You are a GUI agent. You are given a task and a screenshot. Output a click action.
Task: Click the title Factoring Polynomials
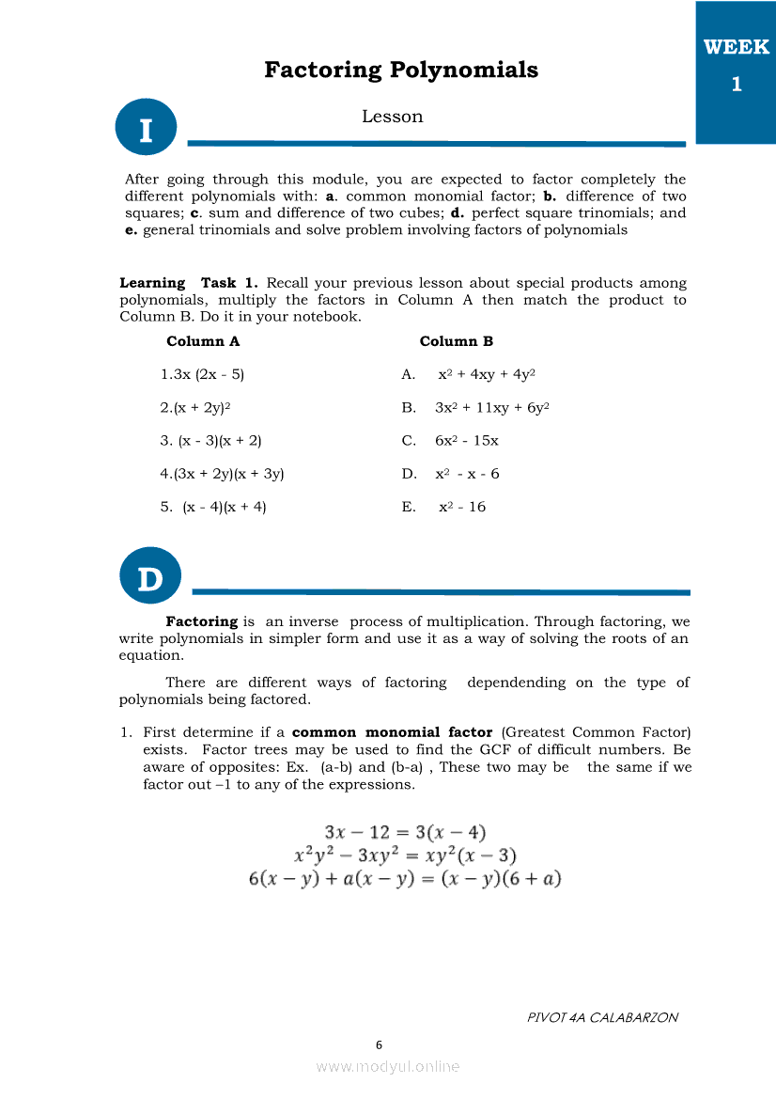(x=401, y=70)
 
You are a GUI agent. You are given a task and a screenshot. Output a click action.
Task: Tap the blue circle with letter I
(x=146, y=129)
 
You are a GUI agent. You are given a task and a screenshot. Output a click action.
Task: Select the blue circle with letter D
(x=150, y=576)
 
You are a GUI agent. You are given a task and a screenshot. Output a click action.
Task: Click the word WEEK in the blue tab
(x=736, y=48)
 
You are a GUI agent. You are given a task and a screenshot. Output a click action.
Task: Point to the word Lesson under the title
(x=392, y=117)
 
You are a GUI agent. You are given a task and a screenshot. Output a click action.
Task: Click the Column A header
(x=203, y=341)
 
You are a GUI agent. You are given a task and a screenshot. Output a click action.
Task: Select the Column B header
(x=456, y=341)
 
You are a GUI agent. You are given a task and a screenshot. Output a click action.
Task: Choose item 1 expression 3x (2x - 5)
(x=202, y=374)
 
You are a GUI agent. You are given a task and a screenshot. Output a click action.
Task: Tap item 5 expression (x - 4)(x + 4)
(x=213, y=507)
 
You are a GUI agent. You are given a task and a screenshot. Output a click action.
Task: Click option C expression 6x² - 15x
(x=466, y=440)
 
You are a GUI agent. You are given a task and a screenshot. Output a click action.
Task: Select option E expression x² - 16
(x=462, y=507)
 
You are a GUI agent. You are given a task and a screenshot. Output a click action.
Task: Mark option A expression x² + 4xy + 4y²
(x=486, y=374)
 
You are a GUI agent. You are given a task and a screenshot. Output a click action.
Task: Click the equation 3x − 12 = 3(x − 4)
(x=405, y=832)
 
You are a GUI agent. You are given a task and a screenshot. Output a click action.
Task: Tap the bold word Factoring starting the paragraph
(x=201, y=621)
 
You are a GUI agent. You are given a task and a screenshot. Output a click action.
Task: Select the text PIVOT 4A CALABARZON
(x=602, y=1017)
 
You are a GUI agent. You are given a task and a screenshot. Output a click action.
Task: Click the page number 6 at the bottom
(x=379, y=1044)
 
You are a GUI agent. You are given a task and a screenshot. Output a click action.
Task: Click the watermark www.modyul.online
(x=388, y=1066)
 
